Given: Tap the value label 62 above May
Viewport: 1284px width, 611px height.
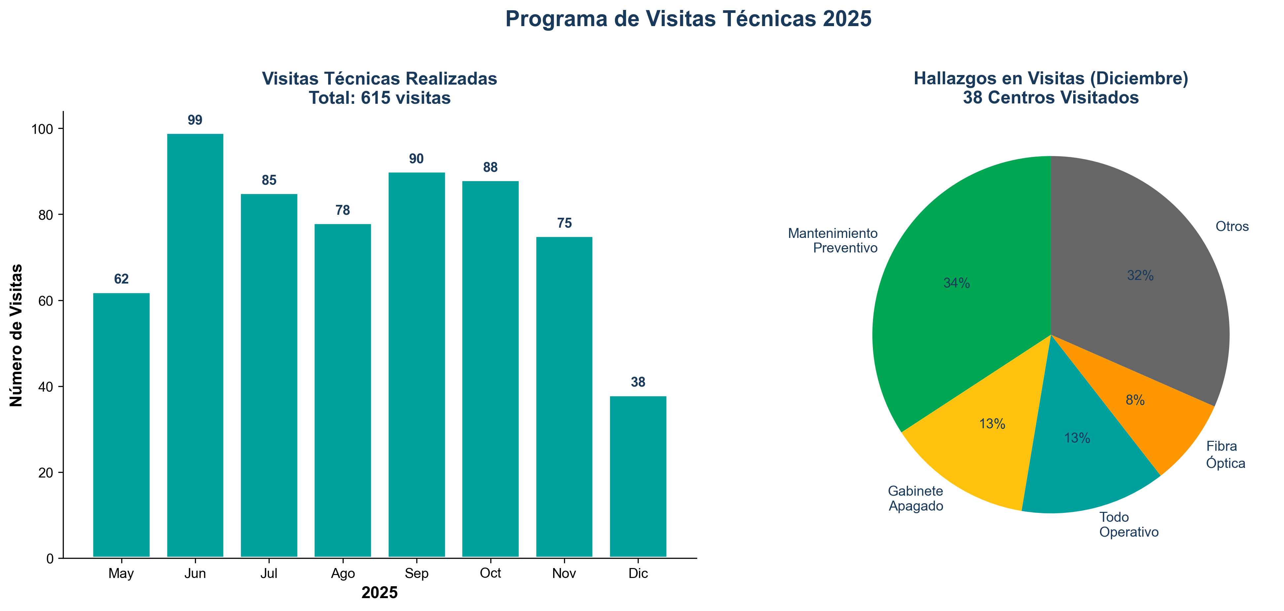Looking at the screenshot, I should (121, 279).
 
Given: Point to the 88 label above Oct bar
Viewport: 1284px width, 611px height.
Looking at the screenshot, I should (490, 168).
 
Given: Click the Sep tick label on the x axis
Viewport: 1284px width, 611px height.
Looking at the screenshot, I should (416, 574).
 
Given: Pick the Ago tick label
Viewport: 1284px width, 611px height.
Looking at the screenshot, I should (343, 574).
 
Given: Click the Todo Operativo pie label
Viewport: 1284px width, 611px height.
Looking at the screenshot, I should (1128, 525).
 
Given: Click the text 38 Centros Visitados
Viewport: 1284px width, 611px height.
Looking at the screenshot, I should (1051, 98).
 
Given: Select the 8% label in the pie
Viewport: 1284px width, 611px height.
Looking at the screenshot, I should (1135, 400).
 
